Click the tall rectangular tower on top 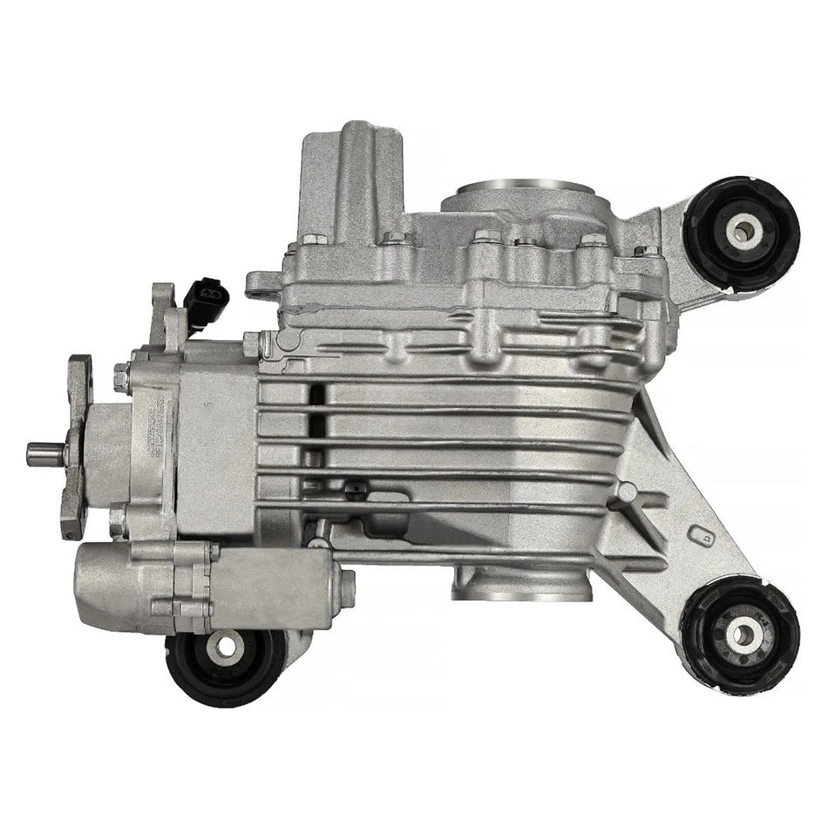344,174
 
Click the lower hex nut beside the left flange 119,520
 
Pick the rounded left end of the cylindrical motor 92,582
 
